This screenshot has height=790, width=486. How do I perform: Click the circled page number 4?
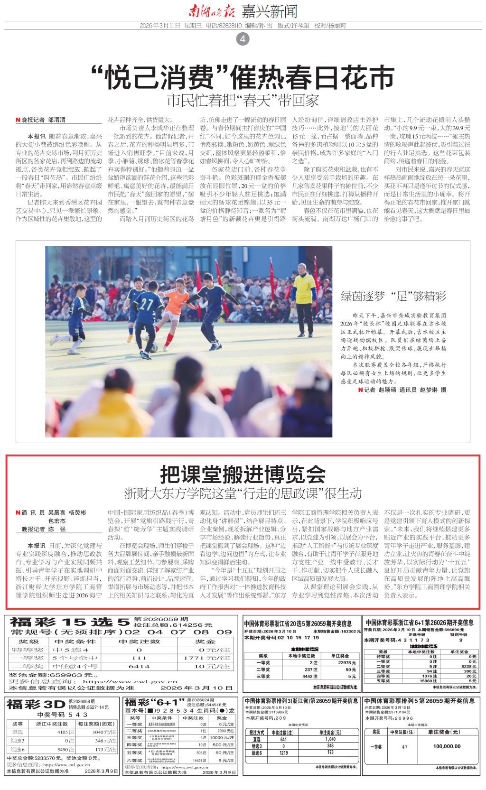tap(243, 40)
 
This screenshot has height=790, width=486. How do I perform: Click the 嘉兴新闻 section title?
tap(270, 10)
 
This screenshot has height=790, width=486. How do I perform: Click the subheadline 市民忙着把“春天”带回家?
tap(243, 101)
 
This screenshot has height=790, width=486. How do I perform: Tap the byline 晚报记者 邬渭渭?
tap(41, 121)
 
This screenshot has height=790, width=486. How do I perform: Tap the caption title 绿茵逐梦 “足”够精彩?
tap(393, 297)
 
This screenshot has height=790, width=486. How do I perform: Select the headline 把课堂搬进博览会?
tap(243, 473)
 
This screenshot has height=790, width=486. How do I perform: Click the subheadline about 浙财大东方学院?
tap(243, 493)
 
